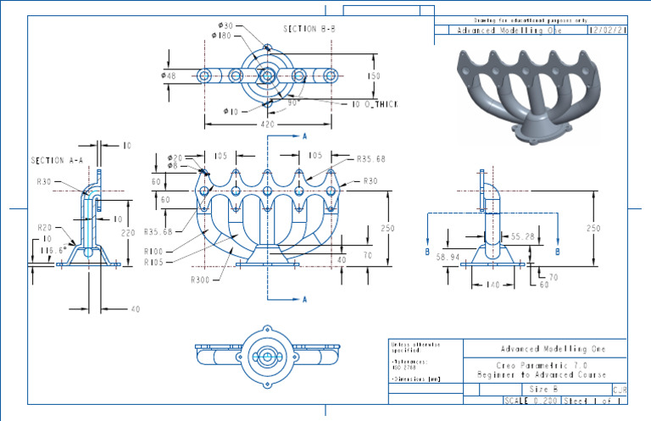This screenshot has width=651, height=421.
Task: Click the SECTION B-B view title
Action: (310, 29)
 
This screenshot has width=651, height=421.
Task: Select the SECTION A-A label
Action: (56, 160)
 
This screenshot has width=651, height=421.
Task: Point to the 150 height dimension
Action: (374, 76)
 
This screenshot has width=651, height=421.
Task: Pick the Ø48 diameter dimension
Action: (168, 76)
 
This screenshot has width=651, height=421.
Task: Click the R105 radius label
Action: (153, 263)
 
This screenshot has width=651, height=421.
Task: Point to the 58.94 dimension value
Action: (448, 255)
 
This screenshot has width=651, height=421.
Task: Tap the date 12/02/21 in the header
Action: (607, 30)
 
